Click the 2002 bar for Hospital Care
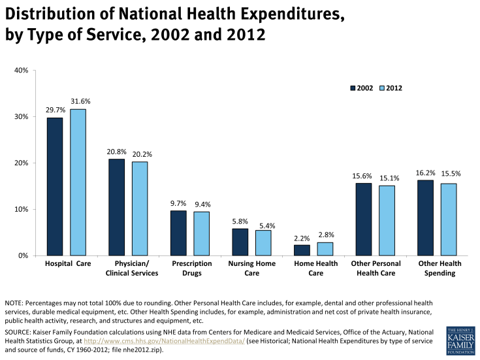pos(54,186)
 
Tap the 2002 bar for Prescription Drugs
pos(178,233)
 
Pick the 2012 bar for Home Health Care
pos(325,249)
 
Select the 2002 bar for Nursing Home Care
pos(240,242)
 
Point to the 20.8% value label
pos(116,152)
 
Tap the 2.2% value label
pos(301,238)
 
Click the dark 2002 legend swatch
pos(353,88)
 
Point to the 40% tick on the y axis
pos(19,70)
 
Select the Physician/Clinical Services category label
pos(132,268)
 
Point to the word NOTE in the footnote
pos(14,304)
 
